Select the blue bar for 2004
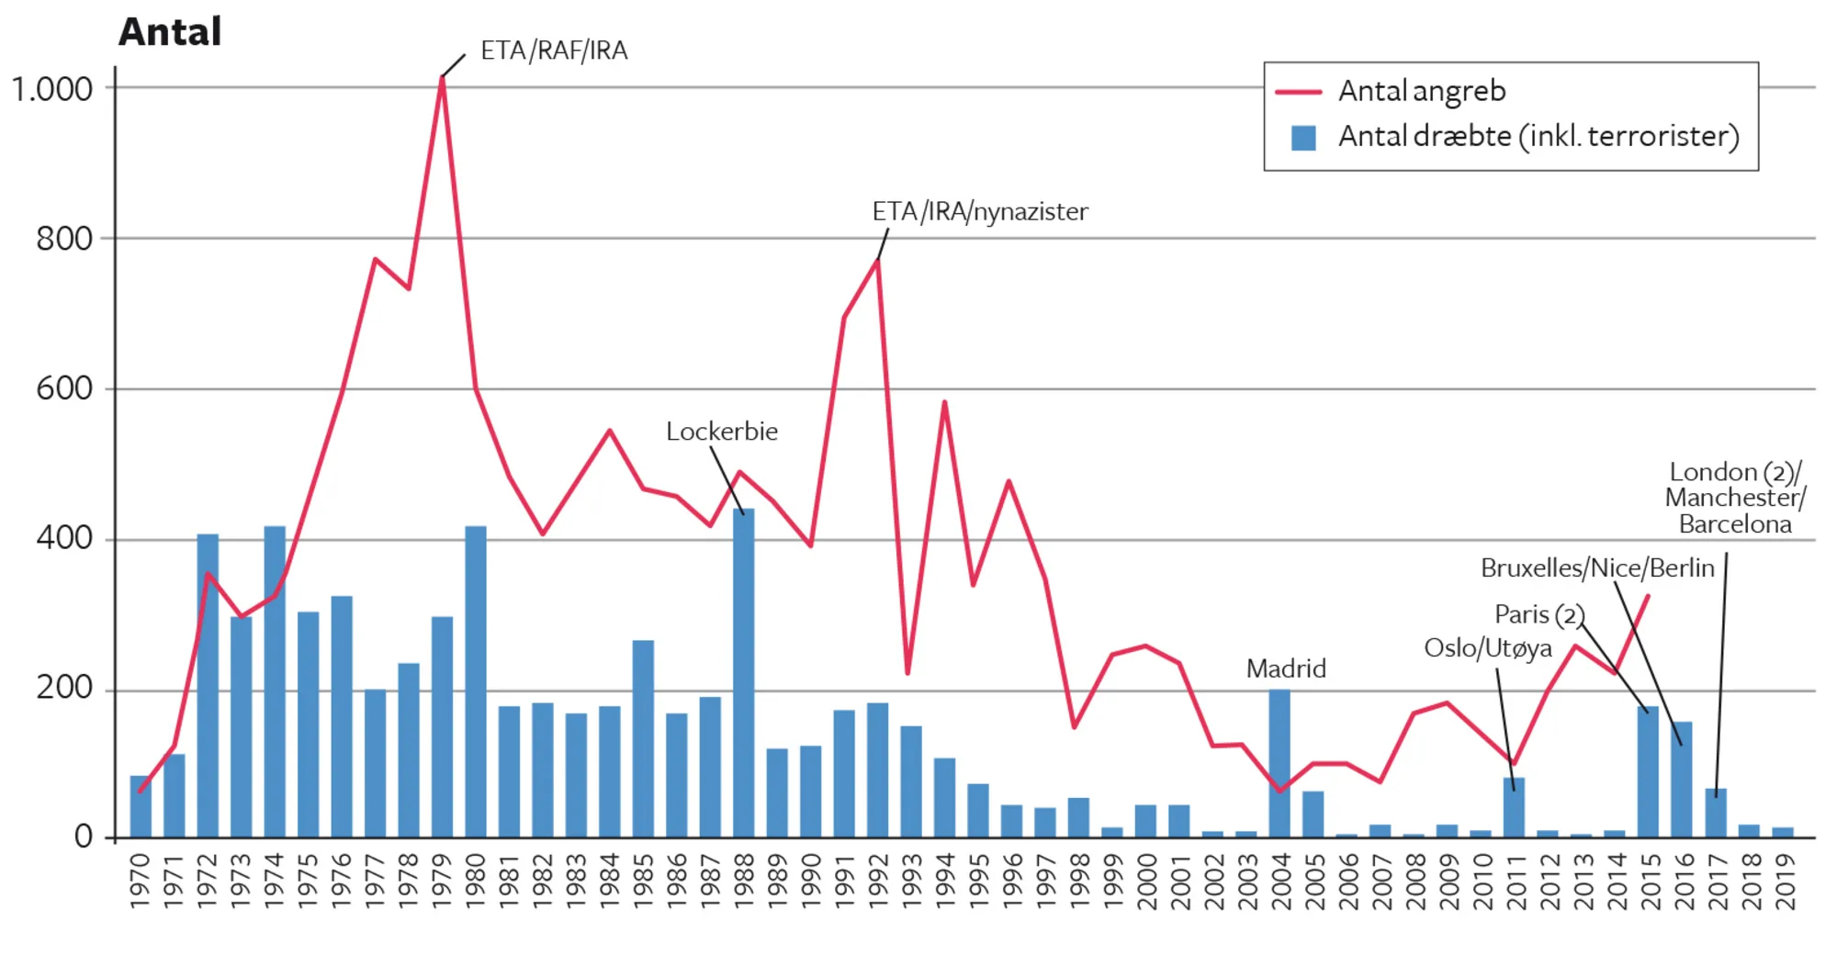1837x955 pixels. (1279, 763)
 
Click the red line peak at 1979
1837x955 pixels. (442, 79)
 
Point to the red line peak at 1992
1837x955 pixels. (878, 262)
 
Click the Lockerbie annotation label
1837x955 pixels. (722, 432)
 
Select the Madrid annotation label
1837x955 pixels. (1286, 668)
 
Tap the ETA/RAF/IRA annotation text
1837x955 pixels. (554, 51)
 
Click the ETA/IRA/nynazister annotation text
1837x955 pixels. (980, 212)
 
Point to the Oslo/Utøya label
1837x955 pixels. (1488, 648)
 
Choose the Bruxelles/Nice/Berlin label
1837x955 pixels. (1597, 568)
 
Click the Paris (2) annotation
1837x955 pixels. (1539, 614)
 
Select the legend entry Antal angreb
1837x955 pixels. (1421, 91)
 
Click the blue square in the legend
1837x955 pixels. (1303, 138)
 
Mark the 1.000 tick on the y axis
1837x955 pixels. (52, 90)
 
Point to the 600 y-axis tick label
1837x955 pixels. (64, 388)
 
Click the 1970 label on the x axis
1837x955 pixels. (141, 882)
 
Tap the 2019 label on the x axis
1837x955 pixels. (1784, 882)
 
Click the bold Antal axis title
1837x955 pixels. (170, 32)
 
